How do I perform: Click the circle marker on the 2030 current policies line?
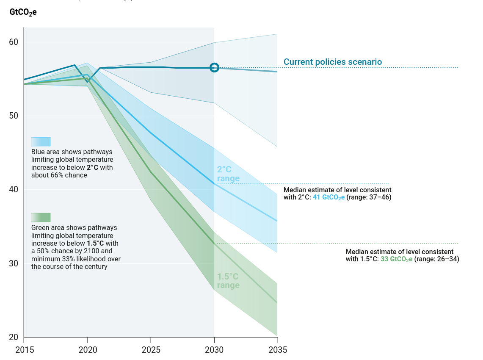tap(214, 67)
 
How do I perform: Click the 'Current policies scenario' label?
tap(332, 62)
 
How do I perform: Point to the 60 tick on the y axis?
tap(14, 42)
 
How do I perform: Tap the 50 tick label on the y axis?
tap(14, 116)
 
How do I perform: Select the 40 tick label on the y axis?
tap(14, 190)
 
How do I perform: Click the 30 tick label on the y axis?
tap(14, 263)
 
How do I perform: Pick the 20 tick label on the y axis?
tap(14, 337)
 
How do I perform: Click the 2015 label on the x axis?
tap(24, 350)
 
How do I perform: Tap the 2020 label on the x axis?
tap(87, 350)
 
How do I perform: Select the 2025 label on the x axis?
tap(151, 350)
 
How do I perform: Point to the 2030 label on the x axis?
tap(214, 350)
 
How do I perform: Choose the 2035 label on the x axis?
tap(278, 350)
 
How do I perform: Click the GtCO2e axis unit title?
tap(23, 12)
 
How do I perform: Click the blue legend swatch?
tap(41, 141)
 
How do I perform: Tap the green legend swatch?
tap(41, 217)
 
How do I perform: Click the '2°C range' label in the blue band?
tap(228, 174)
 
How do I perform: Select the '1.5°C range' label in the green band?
tap(228, 281)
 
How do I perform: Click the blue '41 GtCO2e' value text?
tap(328, 197)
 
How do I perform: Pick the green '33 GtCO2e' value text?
tap(396, 259)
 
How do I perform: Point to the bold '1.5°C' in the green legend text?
tap(95, 244)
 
